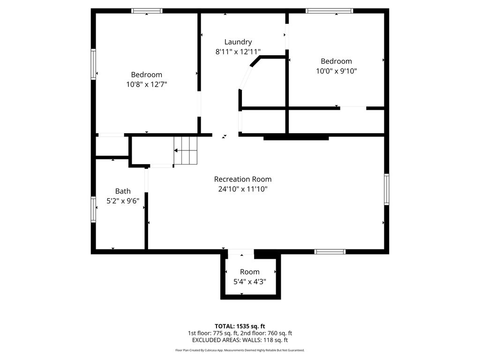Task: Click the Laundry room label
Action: tap(238, 42)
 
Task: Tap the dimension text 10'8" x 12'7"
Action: tap(147, 84)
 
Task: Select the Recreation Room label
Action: tap(242, 179)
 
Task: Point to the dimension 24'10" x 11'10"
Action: tap(242, 189)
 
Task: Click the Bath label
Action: tap(123, 191)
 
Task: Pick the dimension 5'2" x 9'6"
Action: tap(123, 201)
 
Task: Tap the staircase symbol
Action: tap(185, 150)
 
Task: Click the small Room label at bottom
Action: tap(249, 272)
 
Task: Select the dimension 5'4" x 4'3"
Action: tap(249, 282)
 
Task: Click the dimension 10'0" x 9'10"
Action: tap(336, 71)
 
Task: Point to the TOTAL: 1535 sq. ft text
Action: tap(240, 326)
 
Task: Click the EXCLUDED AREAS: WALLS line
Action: tap(240, 340)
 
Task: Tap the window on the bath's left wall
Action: tap(93, 209)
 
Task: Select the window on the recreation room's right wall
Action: tap(387, 189)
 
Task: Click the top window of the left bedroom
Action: tap(147, 11)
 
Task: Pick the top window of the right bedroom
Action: tap(329, 11)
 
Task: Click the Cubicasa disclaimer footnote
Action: tap(240, 350)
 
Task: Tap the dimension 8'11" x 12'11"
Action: tap(238, 52)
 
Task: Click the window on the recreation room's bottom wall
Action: tap(330, 252)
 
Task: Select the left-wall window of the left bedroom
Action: tap(93, 65)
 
